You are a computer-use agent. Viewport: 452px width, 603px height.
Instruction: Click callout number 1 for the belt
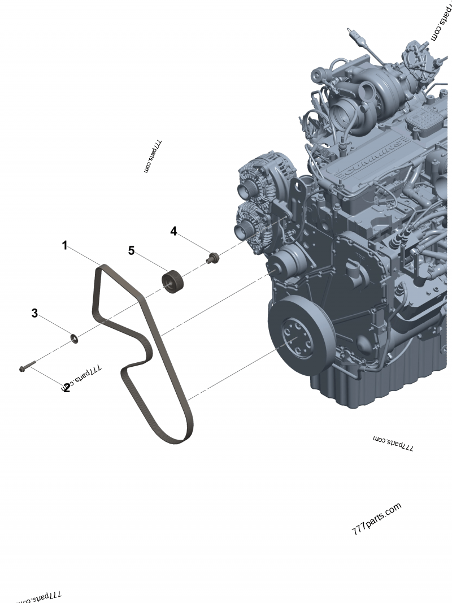pyautogui.click(x=65, y=245)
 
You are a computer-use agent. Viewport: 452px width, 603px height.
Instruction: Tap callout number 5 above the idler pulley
pyautogui.click(x=131, y=250)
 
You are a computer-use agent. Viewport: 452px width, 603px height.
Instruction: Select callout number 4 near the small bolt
pyautogui.click(x=174, y=231)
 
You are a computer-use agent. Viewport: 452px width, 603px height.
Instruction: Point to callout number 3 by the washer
pyautogui.click(x=34, y=313)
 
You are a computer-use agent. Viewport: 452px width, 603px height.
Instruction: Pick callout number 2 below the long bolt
pyautogui.click(x=66, y=388)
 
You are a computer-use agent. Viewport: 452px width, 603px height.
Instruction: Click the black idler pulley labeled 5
pyautogui.click(x=173, y=281)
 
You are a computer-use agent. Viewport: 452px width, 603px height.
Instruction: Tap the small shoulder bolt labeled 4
pyautogui.click(x=213, y=258)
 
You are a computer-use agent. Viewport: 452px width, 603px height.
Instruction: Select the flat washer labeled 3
pyautogui.click(x=74, y=339)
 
